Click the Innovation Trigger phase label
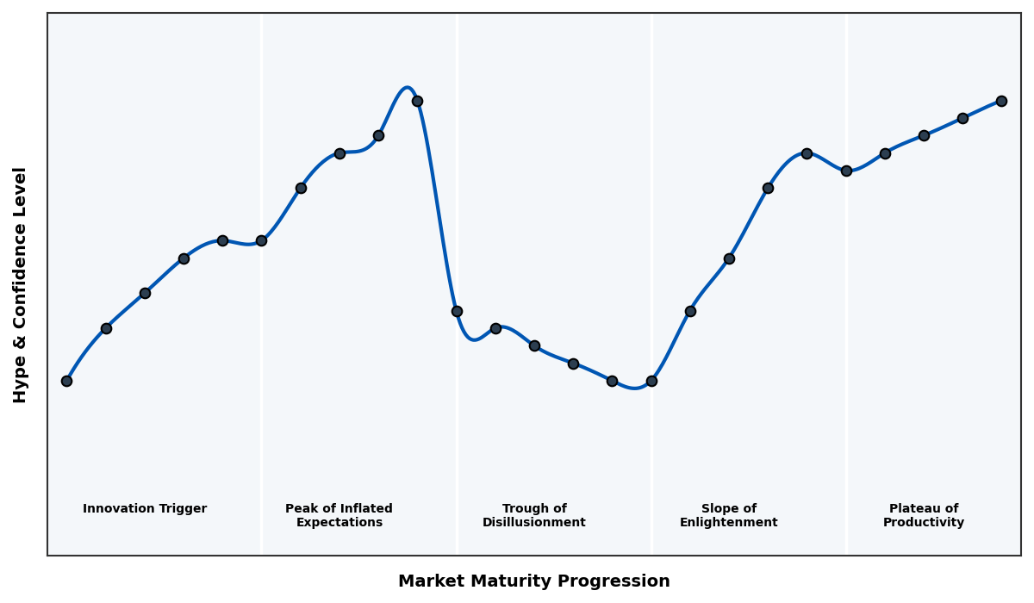point(145,509)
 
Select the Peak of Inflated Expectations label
point(339,515)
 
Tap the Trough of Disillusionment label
point(533,515)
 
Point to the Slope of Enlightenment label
point(728,515)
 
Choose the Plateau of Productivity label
point(923,515)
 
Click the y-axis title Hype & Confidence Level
point(21,284)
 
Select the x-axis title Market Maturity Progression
point(533,581)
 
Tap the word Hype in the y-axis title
point(21,385)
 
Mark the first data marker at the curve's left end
point(66,381)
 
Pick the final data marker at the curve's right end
point(1001,101)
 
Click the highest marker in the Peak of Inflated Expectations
point(417,101)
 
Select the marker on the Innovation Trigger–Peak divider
point(261,240)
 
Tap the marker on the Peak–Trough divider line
point(457,311)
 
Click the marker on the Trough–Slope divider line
point(651,381)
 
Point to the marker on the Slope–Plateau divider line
point(846,171)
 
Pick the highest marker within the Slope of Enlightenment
point(807,153)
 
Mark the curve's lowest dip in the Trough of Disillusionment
point(635,389)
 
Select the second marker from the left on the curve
point(106,328)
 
